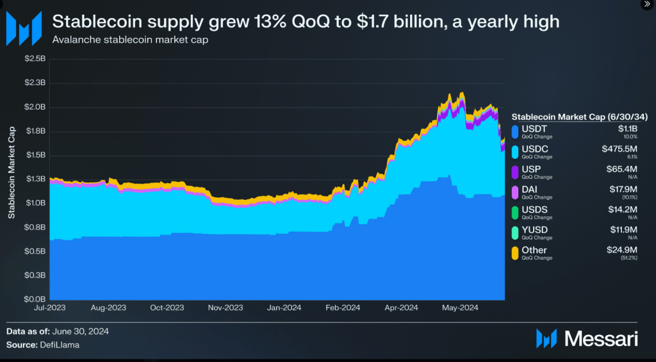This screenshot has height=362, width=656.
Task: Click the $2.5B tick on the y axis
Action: [x=35, y=59]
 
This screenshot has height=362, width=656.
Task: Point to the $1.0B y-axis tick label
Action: [x=35, y=203]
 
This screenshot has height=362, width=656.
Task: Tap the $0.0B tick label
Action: [x=35, y=299]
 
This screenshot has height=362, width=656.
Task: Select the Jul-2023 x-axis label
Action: [x=50, y=308]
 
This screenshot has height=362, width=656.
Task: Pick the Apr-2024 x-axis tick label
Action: [x=401, y=308]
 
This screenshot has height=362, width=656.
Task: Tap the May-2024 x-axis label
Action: [x=460, y=308]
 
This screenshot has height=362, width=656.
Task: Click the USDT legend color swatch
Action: [x=515, y=131]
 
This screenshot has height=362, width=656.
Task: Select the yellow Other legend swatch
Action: [x=515, y=253]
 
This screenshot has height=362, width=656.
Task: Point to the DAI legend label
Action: [x=530, y=190]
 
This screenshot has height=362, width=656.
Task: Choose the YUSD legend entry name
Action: [x=534, y=229]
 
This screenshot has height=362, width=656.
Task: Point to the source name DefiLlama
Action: [x=65, y=345]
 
